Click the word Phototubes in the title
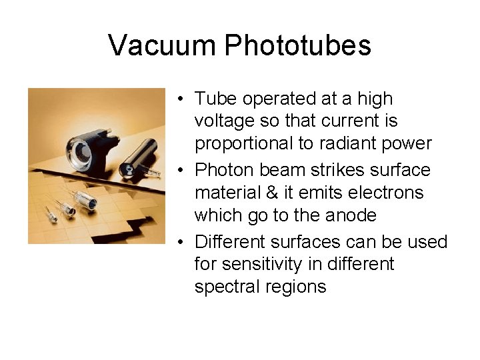coord(297,45)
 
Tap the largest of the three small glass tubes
coord(85,201)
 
